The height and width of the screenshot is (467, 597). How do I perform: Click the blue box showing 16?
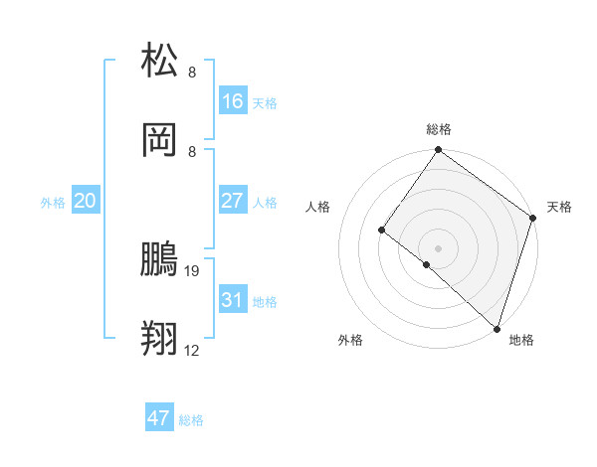[233, 101]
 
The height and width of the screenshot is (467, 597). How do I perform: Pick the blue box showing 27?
[233, 201]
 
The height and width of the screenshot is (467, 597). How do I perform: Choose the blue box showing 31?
[233, 300]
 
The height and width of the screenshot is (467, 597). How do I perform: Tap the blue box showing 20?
[86, 201]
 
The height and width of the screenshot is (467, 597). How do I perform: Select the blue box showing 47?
[159, 418]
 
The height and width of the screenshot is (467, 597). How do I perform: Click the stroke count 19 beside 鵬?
[192, 270]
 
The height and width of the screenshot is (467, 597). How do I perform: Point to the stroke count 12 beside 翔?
[192, 351]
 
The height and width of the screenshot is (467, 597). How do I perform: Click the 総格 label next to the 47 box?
[192, 420]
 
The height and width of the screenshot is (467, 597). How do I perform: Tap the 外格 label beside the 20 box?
[53, 203]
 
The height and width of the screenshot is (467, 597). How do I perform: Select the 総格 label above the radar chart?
[439, 129]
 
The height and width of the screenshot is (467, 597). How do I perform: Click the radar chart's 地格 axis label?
[521, 340]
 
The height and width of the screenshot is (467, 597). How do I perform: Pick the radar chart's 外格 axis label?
[351, 340]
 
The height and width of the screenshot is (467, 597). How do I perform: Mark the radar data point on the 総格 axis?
[438, 151]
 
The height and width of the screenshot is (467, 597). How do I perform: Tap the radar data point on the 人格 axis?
[382, 230]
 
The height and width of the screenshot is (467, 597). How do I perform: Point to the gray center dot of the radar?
[438, 247]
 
